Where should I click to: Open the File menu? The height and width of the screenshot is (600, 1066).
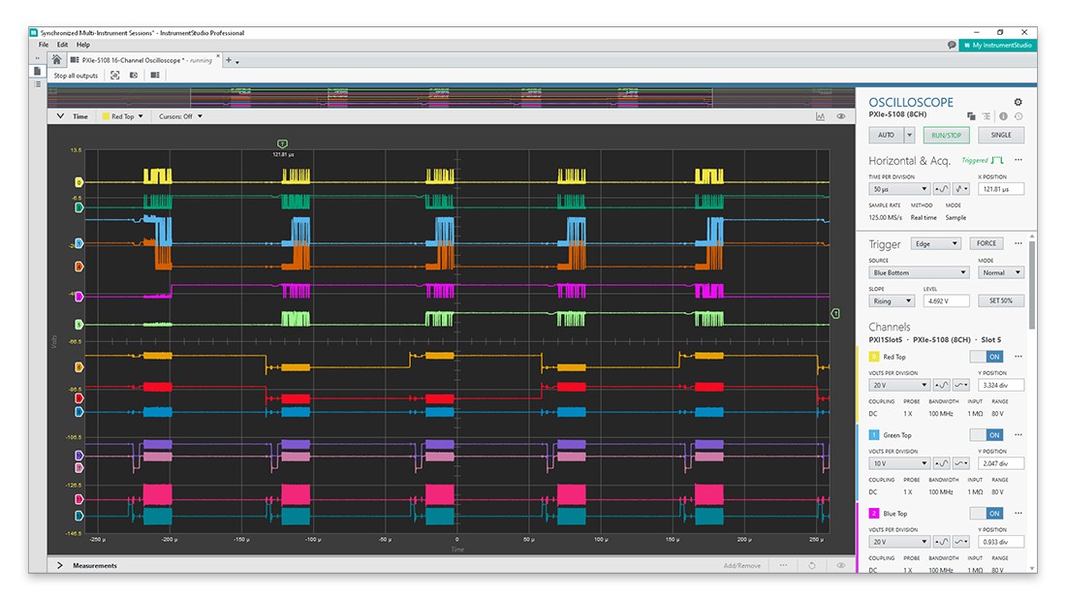click(x=43, y=45)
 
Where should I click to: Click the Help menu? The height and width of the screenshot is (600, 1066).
click(x=83, y=45)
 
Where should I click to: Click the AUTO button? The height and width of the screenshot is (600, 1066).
click(x=886, y=135)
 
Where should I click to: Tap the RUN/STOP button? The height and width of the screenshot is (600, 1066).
click(x=946, y=135)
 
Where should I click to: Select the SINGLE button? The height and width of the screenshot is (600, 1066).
click(x=1001, y=135)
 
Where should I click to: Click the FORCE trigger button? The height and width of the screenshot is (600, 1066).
click(x=986, y=243)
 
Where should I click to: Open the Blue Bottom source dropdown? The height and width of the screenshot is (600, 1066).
click(x=918, y=272)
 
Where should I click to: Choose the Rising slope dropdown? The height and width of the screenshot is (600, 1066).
click(x=892, y=300)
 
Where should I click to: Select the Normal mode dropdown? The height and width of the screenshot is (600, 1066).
click(x=1001, y=272)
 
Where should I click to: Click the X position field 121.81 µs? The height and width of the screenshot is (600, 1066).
click(x=999, y=189)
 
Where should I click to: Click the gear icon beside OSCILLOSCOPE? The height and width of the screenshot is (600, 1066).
click(x=1018, y=102)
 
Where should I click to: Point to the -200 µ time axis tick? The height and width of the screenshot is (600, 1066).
click(x=169, y=539)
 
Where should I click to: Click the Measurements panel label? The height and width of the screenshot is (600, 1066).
click(x=95, y=565)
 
